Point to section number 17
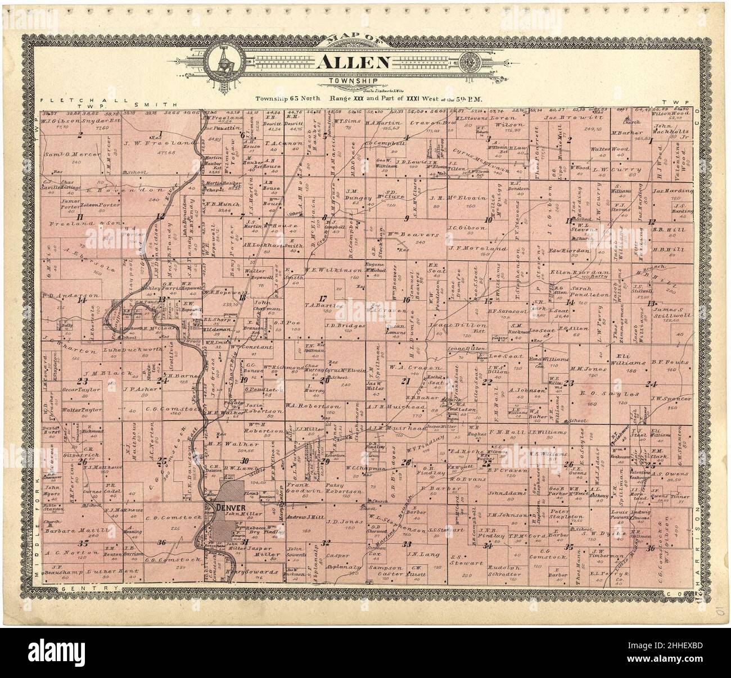pos(323,299)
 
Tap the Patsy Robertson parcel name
pos(341,491)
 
